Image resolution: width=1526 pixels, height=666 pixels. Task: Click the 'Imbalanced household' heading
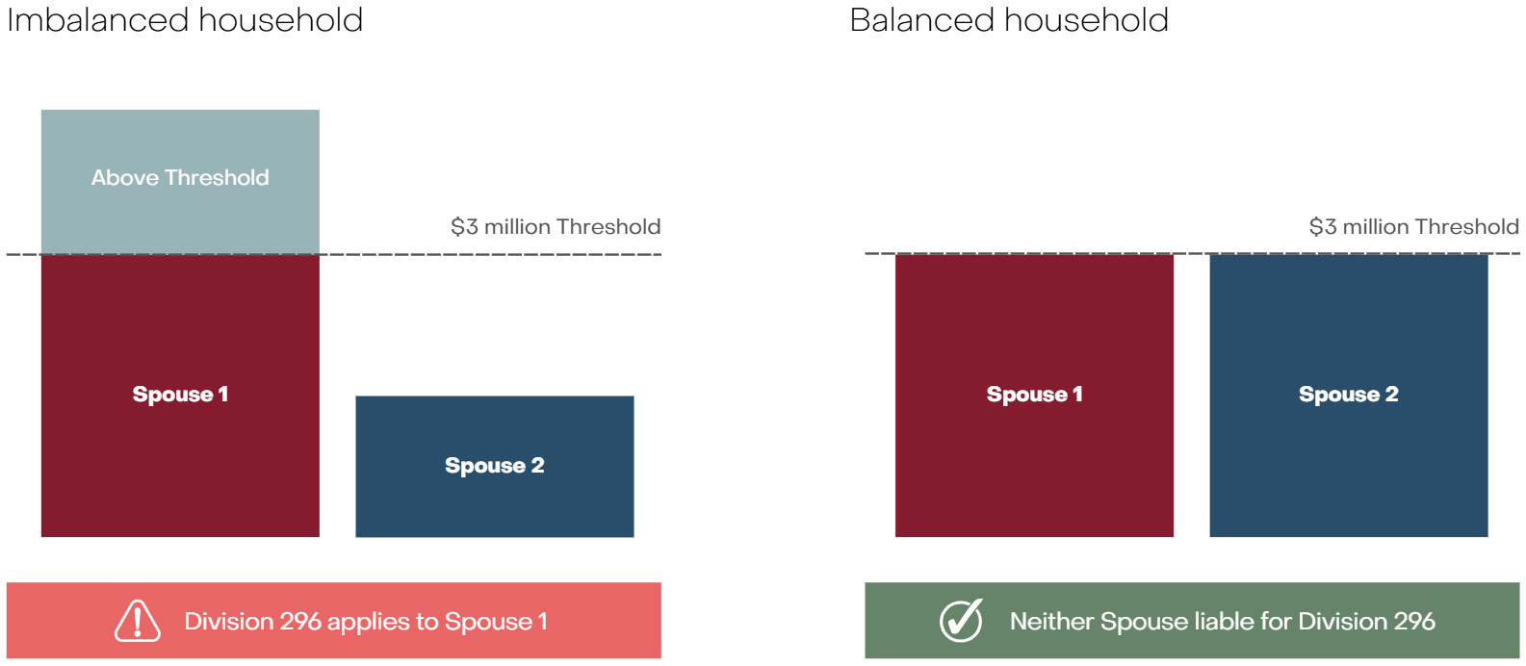coord(185,20)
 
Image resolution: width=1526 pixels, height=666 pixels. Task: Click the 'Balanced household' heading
coord(1009,20)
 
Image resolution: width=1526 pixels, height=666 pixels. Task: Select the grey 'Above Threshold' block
coord(180,182)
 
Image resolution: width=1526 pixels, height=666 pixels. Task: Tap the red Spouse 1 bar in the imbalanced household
coord(180,396)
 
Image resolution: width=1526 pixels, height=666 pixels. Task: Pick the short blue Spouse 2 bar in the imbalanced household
coord(495,467)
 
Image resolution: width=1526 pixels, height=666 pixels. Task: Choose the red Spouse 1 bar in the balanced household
coord(1034,396)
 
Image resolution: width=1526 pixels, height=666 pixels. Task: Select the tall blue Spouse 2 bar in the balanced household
coord(1349,396)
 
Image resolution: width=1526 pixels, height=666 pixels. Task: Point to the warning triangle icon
coord(138,621)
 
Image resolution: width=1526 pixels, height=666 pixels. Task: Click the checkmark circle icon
coord(961,620)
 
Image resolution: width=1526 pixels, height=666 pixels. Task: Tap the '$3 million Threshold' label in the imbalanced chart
coord(556,227)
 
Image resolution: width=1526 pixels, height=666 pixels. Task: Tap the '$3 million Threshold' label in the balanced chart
coord(1413,227)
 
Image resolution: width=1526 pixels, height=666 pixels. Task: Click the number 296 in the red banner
coord(300,622)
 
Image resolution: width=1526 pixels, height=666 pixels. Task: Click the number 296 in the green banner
coord(1414,622)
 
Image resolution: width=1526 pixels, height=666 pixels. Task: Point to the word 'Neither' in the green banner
coord(1051,622)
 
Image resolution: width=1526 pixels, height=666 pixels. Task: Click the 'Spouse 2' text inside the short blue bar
coord(495,466)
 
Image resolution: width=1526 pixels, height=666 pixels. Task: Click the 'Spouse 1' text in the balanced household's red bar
coord(1034,395)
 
